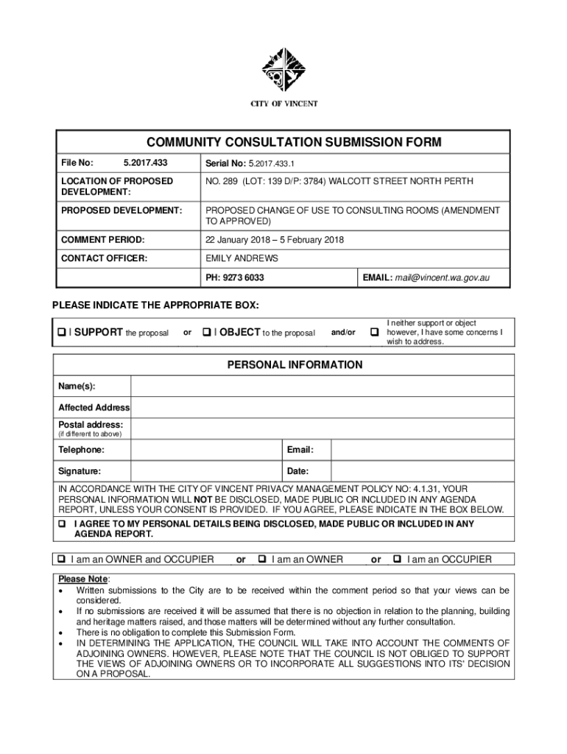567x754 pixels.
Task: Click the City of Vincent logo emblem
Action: pos(283,69)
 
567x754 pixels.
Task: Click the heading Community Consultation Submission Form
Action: pos(283,141)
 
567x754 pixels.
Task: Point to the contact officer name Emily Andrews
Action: pos(242,258)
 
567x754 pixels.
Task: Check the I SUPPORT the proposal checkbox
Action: pos(62,333)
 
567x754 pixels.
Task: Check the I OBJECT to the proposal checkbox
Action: pos(207,333)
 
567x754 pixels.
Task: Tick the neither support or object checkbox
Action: pos(374,333)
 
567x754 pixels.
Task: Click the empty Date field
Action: pos(421,471)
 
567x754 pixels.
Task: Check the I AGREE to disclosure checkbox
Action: pos(62,524)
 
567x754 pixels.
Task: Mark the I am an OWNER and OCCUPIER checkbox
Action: pos(62,560)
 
